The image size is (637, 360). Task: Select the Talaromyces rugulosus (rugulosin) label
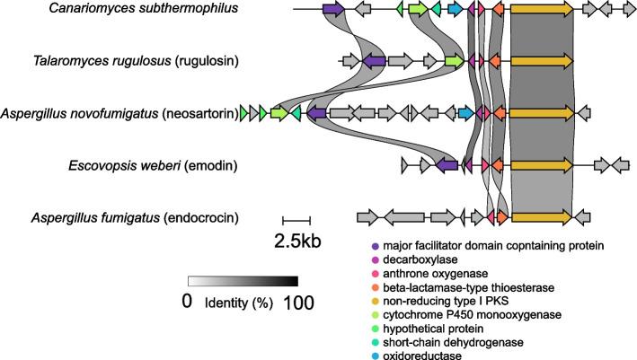point(167,61)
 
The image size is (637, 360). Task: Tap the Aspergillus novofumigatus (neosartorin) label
point(119,114)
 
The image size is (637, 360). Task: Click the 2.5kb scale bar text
point(297,240)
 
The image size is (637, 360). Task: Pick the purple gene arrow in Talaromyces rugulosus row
point(374,61)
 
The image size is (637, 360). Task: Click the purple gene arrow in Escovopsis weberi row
point(447,166)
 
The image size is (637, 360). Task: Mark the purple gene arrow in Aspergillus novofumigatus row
point(316,114)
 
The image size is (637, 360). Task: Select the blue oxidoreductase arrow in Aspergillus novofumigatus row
point(464,114)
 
